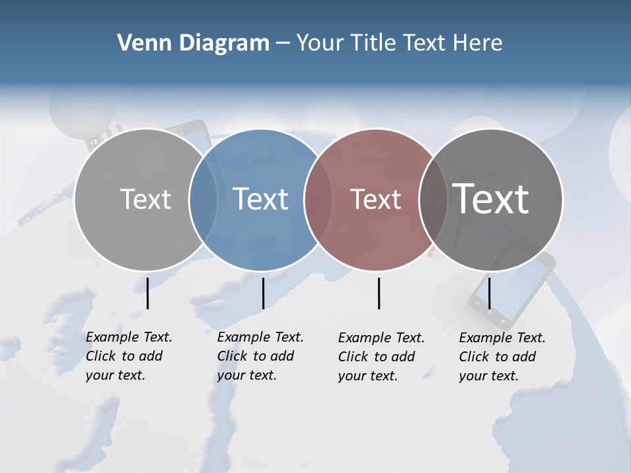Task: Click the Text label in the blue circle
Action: click(261, 199)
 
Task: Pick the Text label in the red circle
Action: click(375, 199)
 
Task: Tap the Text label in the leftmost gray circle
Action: click(145, 199)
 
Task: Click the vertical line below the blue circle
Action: click(263, 293)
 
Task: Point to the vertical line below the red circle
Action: click(379, 293)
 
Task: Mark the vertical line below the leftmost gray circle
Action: click(147, 293)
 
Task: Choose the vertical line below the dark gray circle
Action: click(489, 293)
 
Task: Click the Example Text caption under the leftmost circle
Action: click(128, 356)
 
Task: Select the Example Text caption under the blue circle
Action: click(260, 356)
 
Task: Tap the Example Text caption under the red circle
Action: click(381, 357)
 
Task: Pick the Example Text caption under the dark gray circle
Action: click(502, 357)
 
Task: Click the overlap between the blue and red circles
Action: click(318, 200)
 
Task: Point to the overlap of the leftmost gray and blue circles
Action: click(203, 200)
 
